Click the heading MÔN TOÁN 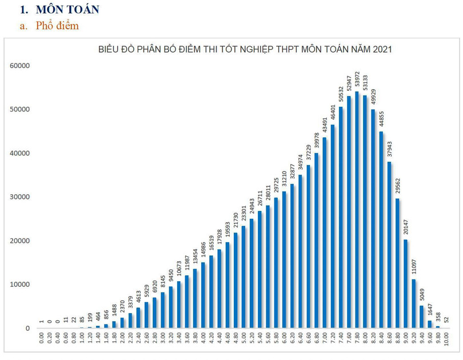67,10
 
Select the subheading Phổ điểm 57,26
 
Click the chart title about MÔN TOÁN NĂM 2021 245,50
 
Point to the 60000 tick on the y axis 19,66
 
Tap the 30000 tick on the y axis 19,197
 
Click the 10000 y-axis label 19,285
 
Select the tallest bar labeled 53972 357,211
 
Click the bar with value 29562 397,263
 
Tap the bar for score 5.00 243,277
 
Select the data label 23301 243,214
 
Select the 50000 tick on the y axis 19,110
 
